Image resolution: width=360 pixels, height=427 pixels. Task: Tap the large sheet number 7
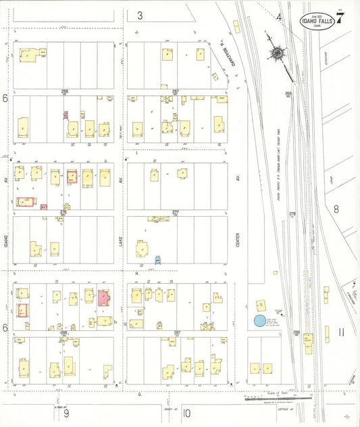(x=340, y=18)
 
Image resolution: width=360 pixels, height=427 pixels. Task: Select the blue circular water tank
(x=259, y=322)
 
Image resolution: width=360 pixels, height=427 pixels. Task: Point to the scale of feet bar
(x=278, y=398)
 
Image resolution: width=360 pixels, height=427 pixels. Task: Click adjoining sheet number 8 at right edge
(x=336, y=209)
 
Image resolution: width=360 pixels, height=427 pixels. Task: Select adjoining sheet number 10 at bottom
(x=186, y=413)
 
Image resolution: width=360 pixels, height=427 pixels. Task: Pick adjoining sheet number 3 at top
(x=140, y=16)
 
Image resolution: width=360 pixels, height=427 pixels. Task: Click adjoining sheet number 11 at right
(x=341, y=332)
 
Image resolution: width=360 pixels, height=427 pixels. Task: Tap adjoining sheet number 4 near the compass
(x=278, y=18)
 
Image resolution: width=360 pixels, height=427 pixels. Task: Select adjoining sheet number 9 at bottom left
(x=67, y=413)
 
